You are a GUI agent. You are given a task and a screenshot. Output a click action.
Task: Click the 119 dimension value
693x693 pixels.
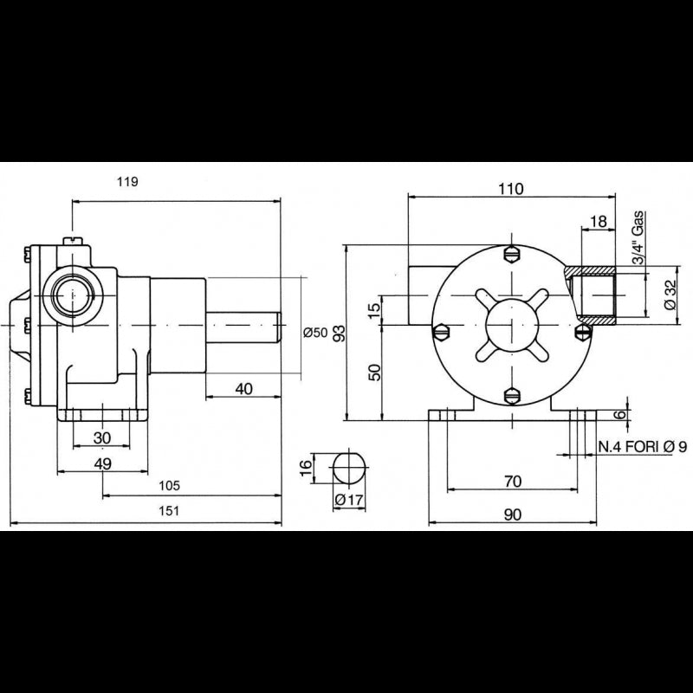coord(126,182)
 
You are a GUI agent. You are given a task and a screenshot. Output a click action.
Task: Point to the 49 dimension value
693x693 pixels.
coord(102,463)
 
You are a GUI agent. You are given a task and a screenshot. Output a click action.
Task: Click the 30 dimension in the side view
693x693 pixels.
coord(102,437)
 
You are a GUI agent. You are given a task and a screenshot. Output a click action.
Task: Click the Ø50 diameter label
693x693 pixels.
coord(317,334)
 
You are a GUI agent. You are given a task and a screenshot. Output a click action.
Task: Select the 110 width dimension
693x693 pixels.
coord(511,190)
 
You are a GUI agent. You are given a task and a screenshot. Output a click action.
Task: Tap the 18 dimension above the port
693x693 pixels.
coord(598,222)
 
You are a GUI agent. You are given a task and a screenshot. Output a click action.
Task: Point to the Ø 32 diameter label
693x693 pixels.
coord(670,295)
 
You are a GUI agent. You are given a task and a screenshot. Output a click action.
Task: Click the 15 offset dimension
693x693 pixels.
coord(374,309)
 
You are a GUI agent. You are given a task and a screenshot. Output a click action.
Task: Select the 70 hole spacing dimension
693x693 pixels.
coord(511,479)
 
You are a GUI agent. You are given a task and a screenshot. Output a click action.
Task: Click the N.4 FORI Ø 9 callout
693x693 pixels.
coord(643,447)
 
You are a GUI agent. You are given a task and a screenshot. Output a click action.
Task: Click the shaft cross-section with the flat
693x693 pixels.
coord(349,468)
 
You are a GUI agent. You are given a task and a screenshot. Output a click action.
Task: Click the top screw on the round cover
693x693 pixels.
coord(511,255)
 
